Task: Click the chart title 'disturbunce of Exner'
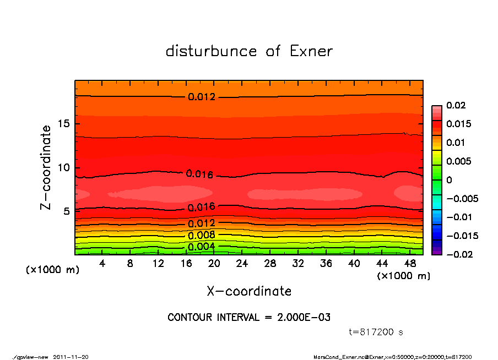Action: coord(249,51)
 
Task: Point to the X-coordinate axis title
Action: coord(249,291)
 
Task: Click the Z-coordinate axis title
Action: coord(46,167)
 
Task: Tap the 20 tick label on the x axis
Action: coord(214,264)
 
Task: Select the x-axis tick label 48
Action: coord(410,264)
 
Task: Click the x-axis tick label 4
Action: coord(102,264)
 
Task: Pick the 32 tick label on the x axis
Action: coord(298,264)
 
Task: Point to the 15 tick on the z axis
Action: coord(63,124)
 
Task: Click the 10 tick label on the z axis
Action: coord(63,167)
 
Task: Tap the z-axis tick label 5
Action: coord(66,211)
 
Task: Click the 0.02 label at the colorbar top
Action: coord(456,105)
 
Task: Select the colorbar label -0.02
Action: coord(458,254)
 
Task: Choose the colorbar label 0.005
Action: coord(458,161)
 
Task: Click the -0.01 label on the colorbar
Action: coord(458,217)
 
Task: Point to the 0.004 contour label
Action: coord(202,246)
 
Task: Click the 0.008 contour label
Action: coord(202,236)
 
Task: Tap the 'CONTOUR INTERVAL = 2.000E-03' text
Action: coord(249,318)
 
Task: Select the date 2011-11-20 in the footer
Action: coord(71,357)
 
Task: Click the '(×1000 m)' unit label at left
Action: coord(50,270)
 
